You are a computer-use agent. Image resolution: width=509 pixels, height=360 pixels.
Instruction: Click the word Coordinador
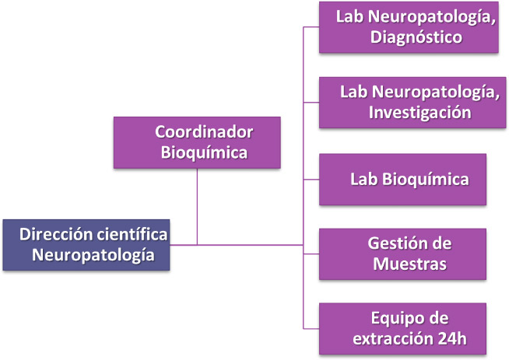point(204,132)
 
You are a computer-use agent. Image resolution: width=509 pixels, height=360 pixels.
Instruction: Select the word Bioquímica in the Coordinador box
point(204,152)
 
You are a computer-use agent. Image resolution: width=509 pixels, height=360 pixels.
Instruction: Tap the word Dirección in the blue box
point(56,234)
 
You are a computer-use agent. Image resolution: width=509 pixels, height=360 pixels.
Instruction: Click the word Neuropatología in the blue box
point(93,255)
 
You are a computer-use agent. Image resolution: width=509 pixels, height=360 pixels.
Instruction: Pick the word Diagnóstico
point(416,37)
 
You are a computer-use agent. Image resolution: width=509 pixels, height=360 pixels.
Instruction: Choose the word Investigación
point(420,113)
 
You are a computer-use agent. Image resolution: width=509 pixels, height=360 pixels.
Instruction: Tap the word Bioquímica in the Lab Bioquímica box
point(425,180)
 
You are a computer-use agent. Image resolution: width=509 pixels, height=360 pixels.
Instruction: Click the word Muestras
point(409,264)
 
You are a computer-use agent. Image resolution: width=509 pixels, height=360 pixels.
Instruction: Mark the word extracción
point(393,339)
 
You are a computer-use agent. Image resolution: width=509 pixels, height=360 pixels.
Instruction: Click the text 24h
point(452,339)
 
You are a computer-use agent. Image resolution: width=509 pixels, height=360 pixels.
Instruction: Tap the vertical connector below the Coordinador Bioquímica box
point(197,207)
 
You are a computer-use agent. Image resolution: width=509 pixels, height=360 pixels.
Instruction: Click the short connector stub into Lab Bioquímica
point(311,180)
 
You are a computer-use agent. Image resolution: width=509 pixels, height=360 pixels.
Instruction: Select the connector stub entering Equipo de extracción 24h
point(311,329)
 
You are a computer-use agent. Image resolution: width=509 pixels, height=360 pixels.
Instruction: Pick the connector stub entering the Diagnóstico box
point(311,27)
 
